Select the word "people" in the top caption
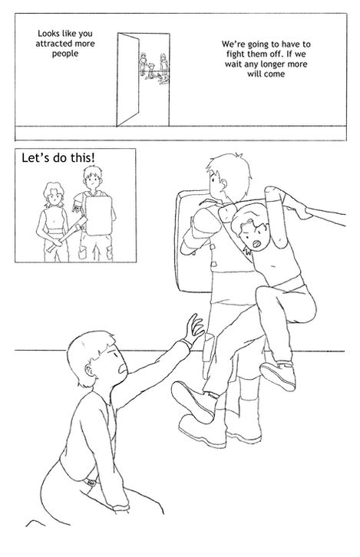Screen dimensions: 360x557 point(65,54)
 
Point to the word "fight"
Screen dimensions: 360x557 point(236,54)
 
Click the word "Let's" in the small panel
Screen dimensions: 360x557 point(33,157)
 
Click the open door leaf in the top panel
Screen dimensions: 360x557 point(128,80)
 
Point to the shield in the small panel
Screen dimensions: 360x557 point(98,216)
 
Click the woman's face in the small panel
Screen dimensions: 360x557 point(54,197)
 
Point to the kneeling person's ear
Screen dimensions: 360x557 point(89,371)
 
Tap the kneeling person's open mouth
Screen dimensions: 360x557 point(123,368)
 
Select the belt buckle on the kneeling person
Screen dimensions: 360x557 point(91,482)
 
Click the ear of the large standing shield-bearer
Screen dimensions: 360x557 point(223,183)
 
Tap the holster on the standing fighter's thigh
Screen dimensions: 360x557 point(209,355)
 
